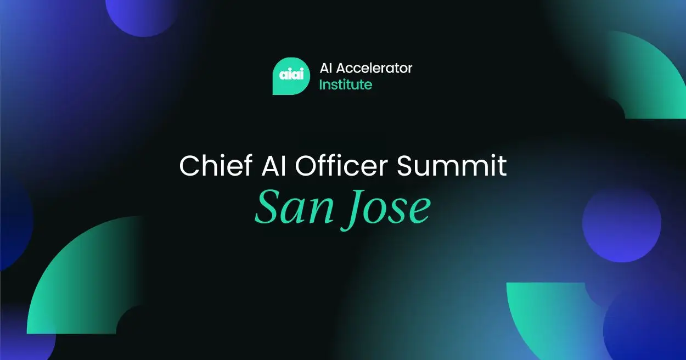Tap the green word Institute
[345, 85]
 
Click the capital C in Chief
[189, 165]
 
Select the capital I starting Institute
[321, 85]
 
